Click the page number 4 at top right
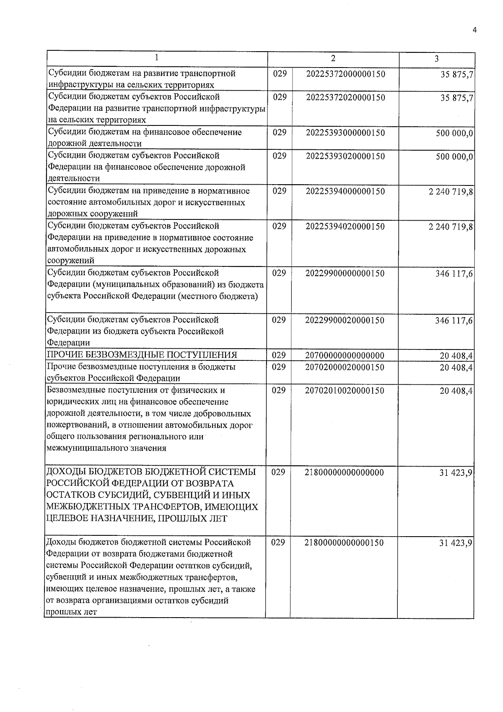474,30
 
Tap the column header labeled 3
436,59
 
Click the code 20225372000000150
345,74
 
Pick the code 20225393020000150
345,156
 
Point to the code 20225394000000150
345,192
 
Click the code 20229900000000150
345,274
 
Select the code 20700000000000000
345,356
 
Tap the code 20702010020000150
345,391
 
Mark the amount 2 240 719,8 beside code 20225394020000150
451,227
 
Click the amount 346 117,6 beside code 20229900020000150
454,321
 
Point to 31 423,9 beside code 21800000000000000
456,473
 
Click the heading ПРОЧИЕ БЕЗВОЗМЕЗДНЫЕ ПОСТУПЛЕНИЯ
142,355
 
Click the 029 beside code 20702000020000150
279,367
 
